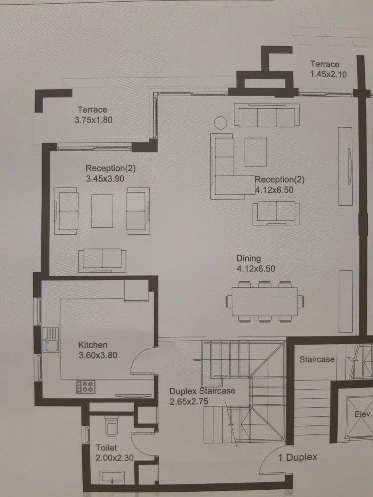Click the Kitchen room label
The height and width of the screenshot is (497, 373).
click(92, 345)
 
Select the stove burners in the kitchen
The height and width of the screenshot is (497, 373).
click(85, 387)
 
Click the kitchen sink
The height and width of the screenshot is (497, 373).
click(51, 339)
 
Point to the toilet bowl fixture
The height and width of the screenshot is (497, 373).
click(111, 428)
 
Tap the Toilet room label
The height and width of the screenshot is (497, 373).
click(106, 448)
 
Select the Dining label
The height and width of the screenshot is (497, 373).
click(249, 258)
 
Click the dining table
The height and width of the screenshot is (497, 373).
click(265, 302)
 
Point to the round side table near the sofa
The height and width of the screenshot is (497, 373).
click(221, 123)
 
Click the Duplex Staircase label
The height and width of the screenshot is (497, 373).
click(202, 391)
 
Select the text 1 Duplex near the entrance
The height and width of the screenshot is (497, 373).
click(297, 457)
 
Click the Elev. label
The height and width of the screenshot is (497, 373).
click(363, 415)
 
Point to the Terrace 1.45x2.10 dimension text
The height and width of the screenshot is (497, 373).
click(328, 74)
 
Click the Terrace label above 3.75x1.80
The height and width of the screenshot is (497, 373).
click(92, 110)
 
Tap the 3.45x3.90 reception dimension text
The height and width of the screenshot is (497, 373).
click(105, 177)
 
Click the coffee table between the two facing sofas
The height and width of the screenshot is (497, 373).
click(102, 211)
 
